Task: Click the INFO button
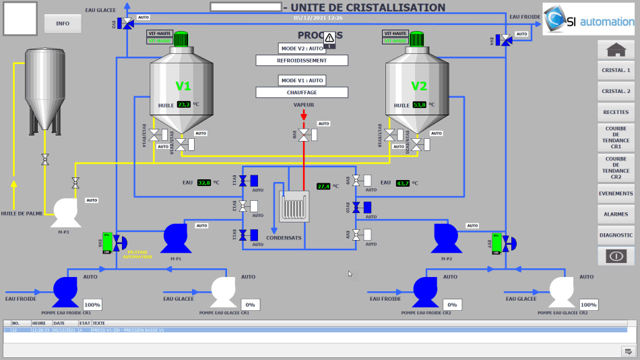click(63, 23)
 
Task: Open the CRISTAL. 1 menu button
click(616, 70)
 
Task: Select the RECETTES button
click(616, 112)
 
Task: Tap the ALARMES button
click(616, 214)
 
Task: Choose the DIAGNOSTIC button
click(616, 235)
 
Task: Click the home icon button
click(616, 49)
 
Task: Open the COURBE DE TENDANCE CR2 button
click(616, 168)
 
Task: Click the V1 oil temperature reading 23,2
click(184, 104)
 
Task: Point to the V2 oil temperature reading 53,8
click(420, 104)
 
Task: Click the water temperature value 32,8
click(204, 183)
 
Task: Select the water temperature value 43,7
click(403, 183)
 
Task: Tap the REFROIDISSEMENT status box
click(302, 60)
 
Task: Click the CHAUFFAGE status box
click(302, 92)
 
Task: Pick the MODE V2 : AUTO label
click(302, 49)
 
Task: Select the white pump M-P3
click(65, 212)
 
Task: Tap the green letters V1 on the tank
click(183, 86)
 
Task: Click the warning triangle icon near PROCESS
click(329, 40)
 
